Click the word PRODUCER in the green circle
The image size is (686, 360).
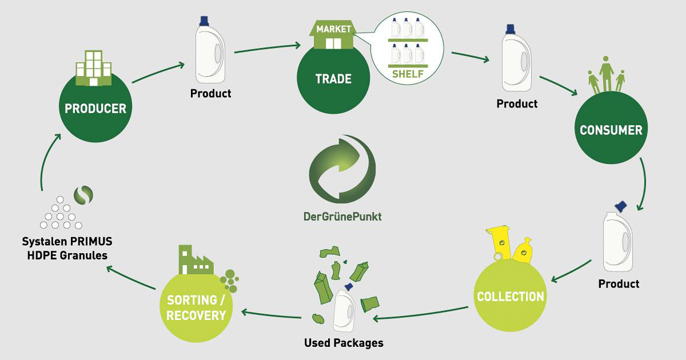click(95, 109)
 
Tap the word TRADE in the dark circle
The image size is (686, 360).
click(333, 79)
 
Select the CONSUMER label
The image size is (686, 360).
click(611, 130)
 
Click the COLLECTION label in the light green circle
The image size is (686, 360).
click(510, 297)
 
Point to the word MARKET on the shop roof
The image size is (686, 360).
click(333, 29)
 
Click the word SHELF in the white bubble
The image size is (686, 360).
click(408, 74)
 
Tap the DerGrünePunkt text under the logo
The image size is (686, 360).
click(342, 217)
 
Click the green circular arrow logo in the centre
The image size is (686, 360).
click(342, 169)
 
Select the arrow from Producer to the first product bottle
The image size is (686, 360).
click(158, 72)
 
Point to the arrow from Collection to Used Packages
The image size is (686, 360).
click(420, 314)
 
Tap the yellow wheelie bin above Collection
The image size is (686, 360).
click(498, 243)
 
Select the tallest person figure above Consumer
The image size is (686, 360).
click(606, 74)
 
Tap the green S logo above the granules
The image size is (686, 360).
click(83, 195)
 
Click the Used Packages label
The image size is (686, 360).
click(344, 343)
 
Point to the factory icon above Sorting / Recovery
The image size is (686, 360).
click(196, 259)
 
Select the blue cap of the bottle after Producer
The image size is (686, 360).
click(204, 21)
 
